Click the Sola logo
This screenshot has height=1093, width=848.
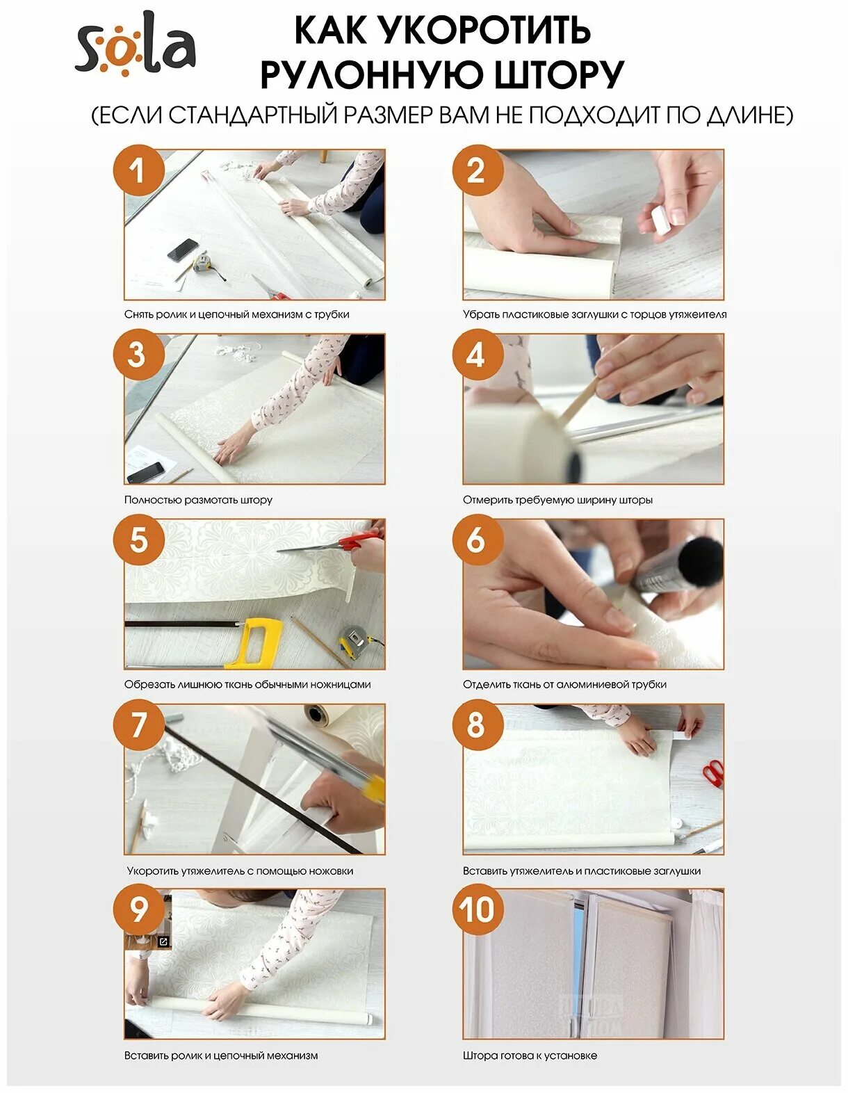pos(135,44)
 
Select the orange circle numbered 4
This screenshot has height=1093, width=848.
pos(478,355)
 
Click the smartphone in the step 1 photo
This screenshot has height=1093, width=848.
pos(183,250)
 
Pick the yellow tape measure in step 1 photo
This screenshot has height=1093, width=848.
pos(202,262)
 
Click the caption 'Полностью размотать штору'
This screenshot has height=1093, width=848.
pos(198,500)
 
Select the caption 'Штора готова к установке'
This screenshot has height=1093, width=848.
pos(530,1055)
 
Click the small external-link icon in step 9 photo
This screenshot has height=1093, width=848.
pos(163,941)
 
